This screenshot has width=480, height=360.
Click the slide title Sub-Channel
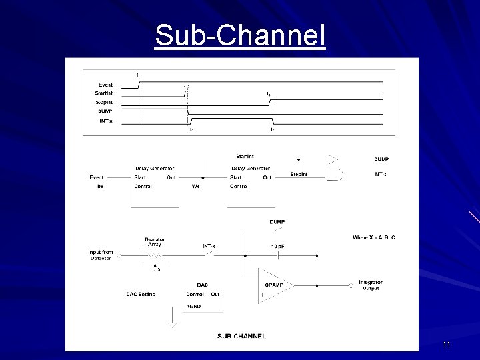pyautogui.click(x=240, y=36)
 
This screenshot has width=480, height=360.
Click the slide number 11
pyautogui.click(x=447, y=345)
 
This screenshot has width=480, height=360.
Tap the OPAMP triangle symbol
pyautogui.click(x=273, y=285)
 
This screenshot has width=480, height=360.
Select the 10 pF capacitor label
pyautogui.click(x=278, y=247)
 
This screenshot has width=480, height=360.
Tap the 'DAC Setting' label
pyautogui.click(x=141, y=294)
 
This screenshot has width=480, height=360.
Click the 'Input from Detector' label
pyautogui.click(x=101, y=255)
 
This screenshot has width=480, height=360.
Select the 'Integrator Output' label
pyautogui.click(x=371, y=285)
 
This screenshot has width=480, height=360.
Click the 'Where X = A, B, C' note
pyautogui.click(x=373, y=237)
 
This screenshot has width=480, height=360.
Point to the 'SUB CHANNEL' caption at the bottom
pyautogui.click(x=242, y=336)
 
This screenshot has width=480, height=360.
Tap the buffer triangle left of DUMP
pyautogui.click(x=334, y=159)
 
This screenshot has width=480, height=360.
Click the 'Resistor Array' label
pyautogui.click(x=154, y=242)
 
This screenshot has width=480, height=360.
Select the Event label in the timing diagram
pyautogui.click(x=105, y=85)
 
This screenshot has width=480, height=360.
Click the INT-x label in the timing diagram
pyautogui.click(x=105, y=120)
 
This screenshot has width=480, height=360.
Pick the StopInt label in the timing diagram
pyautogui.click(x=104, y=102)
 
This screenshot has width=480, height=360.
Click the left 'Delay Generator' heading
pyautogui.click(x=155, y=168)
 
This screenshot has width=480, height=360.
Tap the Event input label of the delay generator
pyautogui.click(x=97, y=177)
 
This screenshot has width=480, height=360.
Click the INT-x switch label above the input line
pyautogui.click(x=209, y=247)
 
